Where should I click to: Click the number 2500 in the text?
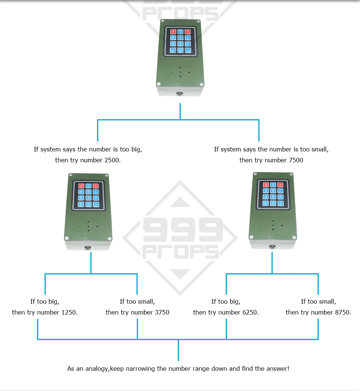tap(111, 160)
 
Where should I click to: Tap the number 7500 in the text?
tap(296, 160)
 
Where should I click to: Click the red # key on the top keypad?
tap(173, 31)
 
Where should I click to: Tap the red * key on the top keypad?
tap(187, 31)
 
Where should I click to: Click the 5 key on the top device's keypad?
tap(180, 44)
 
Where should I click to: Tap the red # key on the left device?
tap(81, 186)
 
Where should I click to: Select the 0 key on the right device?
tap(273, 185)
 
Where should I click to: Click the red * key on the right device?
tap(280, 185)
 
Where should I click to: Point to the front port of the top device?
tap(179, 94)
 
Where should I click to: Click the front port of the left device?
tap(88, 248)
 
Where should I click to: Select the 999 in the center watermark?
tap(183, 230)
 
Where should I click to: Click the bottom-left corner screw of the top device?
tap(158, 84)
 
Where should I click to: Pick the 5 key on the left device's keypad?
tap(88, 198)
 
